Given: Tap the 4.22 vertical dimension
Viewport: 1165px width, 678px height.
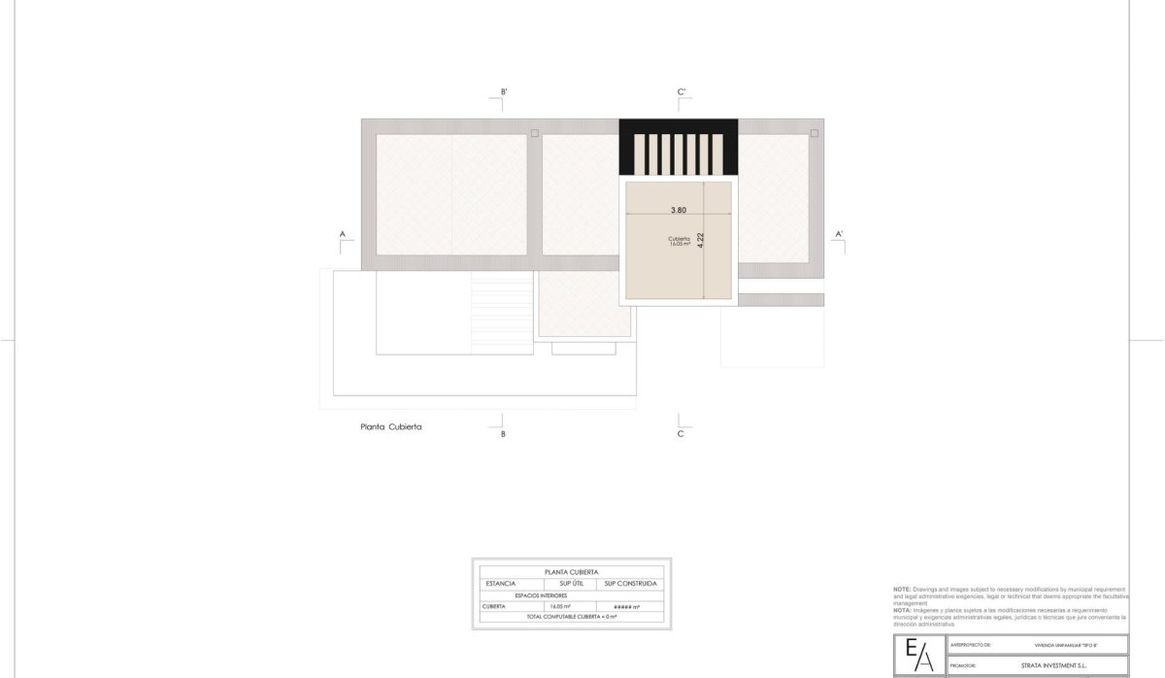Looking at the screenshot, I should coord(700,242).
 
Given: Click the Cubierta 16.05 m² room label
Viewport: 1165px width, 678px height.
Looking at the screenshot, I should coord(679,241).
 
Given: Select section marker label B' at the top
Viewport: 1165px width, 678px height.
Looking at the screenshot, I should coord(504,92).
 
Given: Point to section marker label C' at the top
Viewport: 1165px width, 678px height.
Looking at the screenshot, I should coord(682,92).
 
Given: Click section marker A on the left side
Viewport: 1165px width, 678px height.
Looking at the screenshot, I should coord(343,234).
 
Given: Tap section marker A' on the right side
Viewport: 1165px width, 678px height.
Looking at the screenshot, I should coord(840,234).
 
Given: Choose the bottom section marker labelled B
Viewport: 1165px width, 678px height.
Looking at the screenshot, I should coord(503,434).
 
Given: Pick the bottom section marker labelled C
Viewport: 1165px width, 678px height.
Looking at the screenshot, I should coord(681,434).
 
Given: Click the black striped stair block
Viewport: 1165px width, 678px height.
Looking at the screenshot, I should coord(679,149).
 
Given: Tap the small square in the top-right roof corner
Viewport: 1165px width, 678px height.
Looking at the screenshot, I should coord(815,133).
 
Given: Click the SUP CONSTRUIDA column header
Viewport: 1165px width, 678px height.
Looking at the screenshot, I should coord(630,583).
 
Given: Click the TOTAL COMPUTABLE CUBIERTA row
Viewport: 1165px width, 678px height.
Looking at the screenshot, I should coord(572,617).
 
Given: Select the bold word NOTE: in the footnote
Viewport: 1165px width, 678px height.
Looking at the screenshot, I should coord(902,590).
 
